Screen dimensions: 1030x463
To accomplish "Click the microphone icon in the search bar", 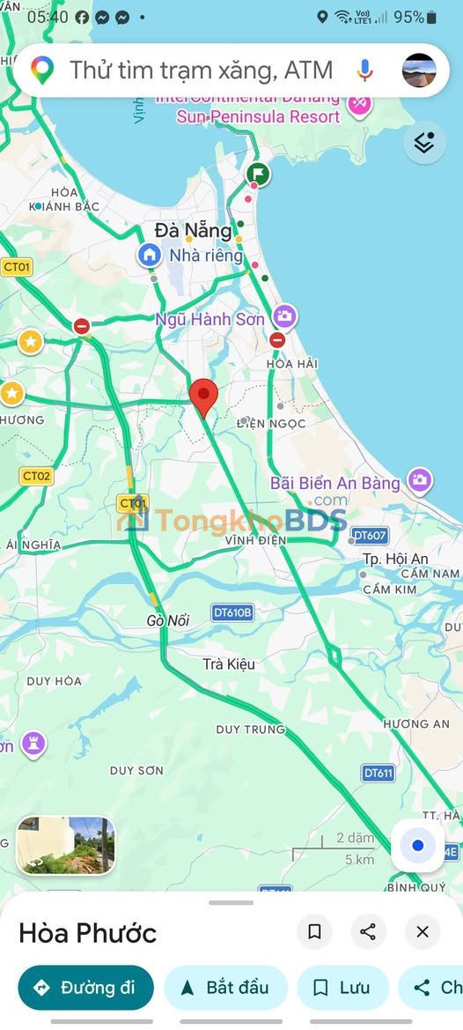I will point(365,70).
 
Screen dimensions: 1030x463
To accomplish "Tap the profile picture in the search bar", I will point(419,70).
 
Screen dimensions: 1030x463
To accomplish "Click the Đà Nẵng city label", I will point(193,231).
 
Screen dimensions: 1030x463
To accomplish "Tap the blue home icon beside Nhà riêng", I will point(149,256).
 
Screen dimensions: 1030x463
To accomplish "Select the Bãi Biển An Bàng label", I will point(334,483).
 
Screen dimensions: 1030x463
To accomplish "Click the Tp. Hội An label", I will point(395,559).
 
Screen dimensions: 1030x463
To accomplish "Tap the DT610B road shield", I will point(232,611).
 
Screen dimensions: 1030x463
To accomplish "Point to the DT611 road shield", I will point(378,773).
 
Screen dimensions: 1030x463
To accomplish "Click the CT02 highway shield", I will point(36,477).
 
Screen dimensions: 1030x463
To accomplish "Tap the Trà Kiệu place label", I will point(229,663).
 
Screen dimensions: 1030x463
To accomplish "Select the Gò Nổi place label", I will point(168,621).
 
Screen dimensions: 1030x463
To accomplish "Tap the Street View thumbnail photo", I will point(66,845).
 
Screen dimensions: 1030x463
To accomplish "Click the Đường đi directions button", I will point(85,988).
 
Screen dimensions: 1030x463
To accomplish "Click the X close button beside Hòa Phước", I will point(423,931).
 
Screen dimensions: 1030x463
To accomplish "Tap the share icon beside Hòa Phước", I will point(368,931).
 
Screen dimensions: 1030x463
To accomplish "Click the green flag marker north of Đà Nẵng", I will point(258,173).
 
